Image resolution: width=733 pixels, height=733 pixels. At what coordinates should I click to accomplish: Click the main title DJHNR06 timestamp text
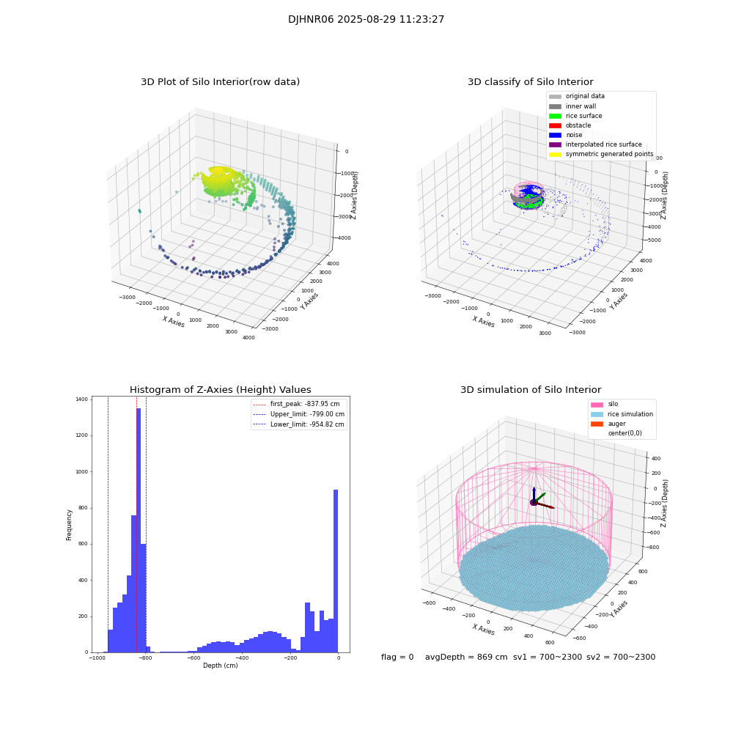(366, 20)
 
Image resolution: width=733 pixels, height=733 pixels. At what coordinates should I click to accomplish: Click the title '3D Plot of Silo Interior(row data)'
(220, 82)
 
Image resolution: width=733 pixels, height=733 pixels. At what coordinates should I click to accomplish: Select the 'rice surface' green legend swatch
(555, 116)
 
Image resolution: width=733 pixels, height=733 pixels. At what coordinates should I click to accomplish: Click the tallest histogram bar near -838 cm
(139, 528)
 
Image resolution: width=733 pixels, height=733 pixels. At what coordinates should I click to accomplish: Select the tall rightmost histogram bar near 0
(336, 572)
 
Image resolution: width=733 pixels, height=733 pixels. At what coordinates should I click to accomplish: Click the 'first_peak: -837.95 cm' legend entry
(297, 404)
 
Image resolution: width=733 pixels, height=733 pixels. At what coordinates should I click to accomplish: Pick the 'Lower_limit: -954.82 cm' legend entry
(297, 424)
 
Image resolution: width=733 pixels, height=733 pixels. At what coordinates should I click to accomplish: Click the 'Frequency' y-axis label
(70, 525)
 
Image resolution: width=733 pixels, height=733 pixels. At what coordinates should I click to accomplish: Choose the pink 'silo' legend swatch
(597, 405)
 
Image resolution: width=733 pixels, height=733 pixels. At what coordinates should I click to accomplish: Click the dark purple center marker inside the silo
(534, 502)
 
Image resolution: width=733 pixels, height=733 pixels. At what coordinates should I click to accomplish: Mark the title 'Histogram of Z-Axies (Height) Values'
(220, 390)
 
